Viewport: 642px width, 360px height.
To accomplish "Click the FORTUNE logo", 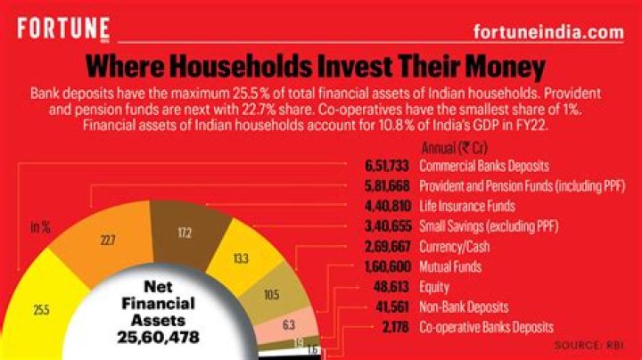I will [62, 29].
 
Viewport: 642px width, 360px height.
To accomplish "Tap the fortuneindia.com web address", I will [547, 32].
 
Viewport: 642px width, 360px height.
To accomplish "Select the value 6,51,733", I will [386, 166].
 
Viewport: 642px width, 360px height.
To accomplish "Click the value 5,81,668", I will [386, 185].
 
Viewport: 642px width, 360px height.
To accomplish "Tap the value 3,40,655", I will [386, 226].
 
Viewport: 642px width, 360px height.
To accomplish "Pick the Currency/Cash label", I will [452, 247].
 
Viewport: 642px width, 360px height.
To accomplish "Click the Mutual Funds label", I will [450, 266].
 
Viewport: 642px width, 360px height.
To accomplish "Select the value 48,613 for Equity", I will [391, 287].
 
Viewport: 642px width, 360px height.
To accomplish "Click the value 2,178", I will [394, 327].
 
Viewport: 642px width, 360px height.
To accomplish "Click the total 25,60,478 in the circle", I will [157, 338].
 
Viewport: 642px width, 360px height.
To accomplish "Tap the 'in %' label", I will [40, 227].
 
